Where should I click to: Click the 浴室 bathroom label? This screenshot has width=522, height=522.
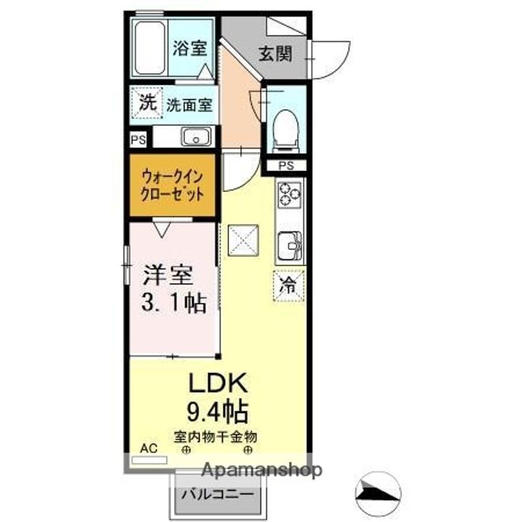click(190, 49)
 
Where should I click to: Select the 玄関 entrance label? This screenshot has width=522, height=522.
click(275, 54)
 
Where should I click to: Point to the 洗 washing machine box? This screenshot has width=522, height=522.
click(147, 103)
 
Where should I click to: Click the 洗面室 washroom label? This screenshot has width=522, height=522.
click(189, 104)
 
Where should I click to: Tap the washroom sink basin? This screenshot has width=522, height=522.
click(195, 136)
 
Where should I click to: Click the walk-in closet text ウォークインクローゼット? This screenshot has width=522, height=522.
click(173, 186)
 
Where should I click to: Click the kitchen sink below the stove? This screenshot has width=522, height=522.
click(290, 246)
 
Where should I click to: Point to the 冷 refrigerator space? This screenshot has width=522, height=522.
click(289, 284)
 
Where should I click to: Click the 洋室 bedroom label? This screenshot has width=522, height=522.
click(167, 275)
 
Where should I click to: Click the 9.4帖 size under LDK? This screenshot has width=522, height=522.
click(218, 412)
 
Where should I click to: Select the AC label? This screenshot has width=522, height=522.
click(148, 449)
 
